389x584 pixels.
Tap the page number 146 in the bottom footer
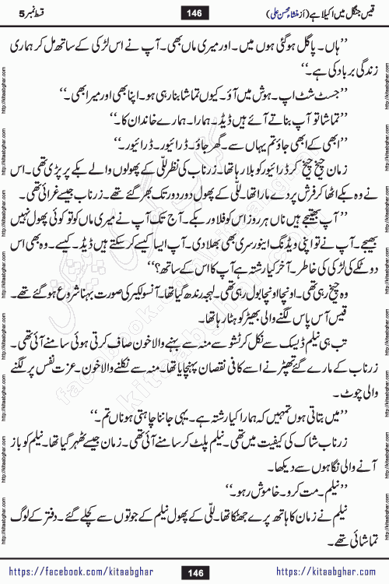click(x=194, y=573)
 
